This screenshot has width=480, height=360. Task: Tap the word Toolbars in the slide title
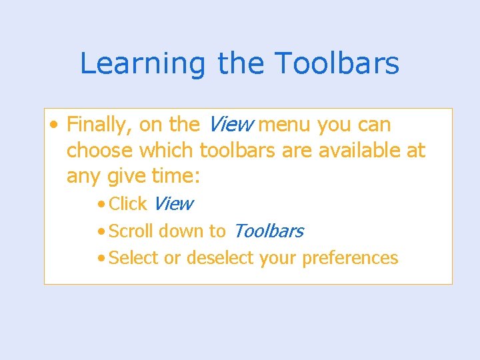click(337, 64)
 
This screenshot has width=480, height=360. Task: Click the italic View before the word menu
click(231, 125)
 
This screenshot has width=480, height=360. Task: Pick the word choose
click(99, 151)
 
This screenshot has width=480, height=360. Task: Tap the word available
click(359, 151)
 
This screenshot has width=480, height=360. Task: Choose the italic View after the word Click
click(173, 203)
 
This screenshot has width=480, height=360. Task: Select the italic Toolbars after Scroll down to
click(268, 231)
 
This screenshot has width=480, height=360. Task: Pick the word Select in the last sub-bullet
click(133, 257)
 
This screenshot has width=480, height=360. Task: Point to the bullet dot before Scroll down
click(100, 232)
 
